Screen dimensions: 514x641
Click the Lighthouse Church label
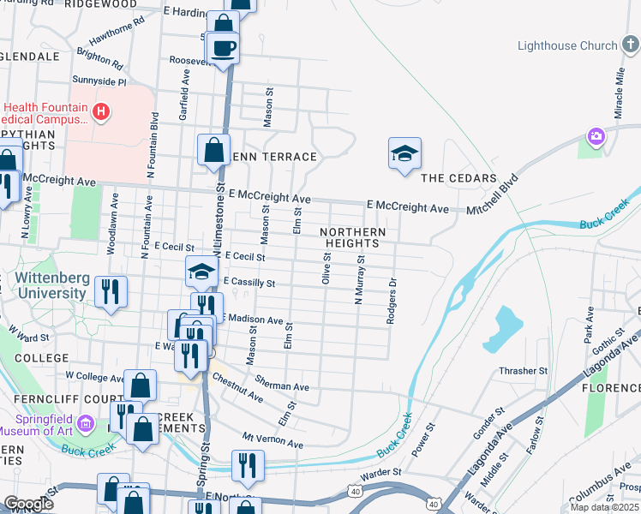point(567,45)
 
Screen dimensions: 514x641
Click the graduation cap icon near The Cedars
point(404,153)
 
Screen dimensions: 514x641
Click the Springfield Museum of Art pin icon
point(85,423)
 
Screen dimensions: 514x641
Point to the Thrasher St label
point(524,371)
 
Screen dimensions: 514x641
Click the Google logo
point(28,503)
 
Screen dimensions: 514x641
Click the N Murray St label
point(359,279)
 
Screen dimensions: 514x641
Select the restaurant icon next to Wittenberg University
point(111,291)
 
